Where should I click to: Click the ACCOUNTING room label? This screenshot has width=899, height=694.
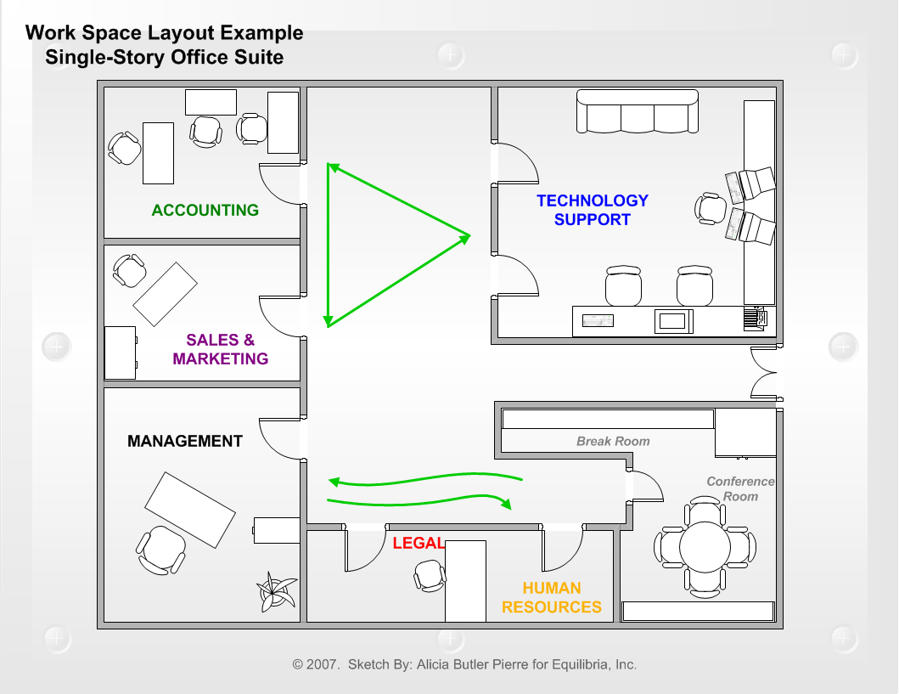click(205, 211)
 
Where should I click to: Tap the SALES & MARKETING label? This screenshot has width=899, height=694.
click(221, 349)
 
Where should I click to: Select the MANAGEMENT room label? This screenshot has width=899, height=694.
click(185, 442)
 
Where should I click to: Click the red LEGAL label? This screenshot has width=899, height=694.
click(419, 544)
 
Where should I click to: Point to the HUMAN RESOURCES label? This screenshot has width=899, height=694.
click(552, 598)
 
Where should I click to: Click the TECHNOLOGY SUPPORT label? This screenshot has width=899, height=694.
click(593, 210)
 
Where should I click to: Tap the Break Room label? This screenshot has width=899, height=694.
click(613, 441)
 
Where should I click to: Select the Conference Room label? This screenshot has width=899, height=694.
click(740, 488)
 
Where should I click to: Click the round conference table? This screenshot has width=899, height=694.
click(704, 546)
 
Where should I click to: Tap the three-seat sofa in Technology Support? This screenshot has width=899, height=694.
click(638, 111)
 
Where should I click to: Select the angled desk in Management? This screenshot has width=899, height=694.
click(189, 510)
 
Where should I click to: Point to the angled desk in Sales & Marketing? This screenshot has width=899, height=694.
click(166, 293)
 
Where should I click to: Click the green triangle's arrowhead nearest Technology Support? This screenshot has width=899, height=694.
click(465, 236)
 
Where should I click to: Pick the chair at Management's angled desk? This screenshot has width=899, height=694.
click(161, 549)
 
